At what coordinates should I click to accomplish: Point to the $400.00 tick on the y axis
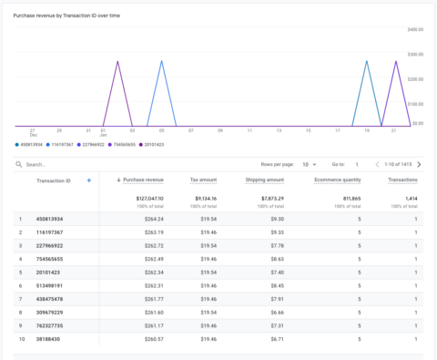[416, 29]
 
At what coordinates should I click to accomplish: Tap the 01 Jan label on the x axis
[104, 132]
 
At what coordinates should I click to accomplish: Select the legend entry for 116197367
[62, 144]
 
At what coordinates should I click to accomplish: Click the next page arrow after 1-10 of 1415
[419, 164]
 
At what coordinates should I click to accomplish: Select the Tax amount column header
[203, 180]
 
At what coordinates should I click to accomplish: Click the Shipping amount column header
[264, 180]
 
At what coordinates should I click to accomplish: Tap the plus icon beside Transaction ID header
[88, 180]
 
